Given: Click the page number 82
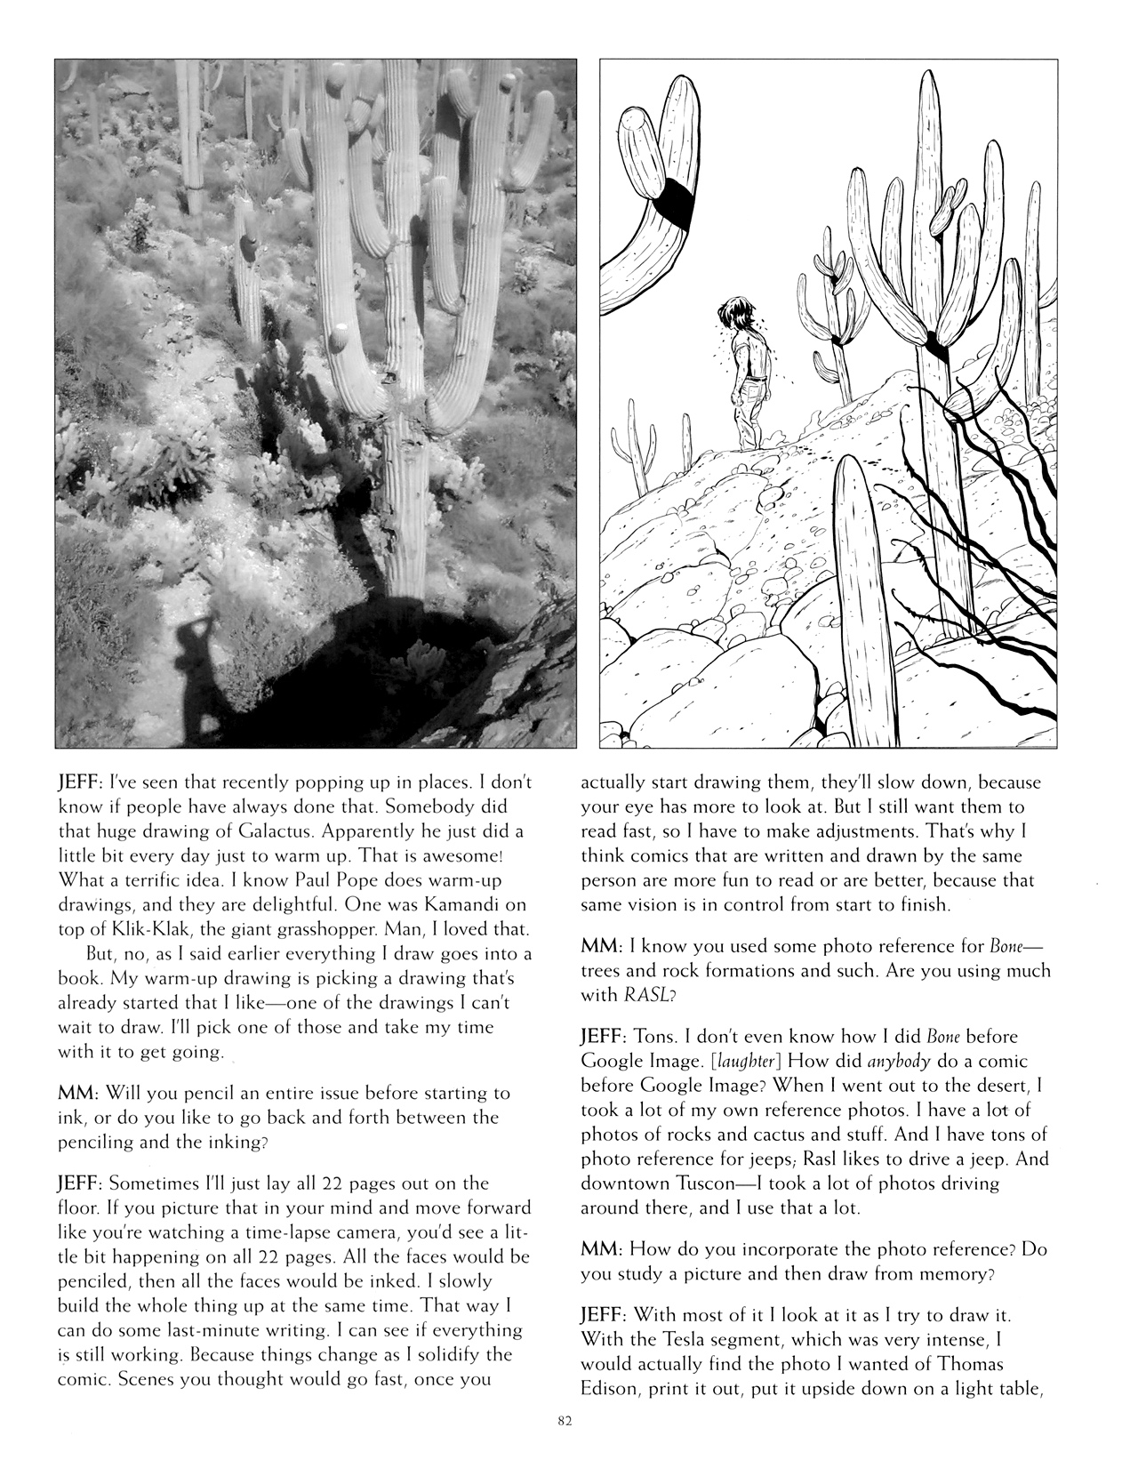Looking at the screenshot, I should pyautogui.click(x=561, y=1421).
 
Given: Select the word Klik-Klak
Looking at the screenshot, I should pyautogui.click(x=131, y=930).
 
